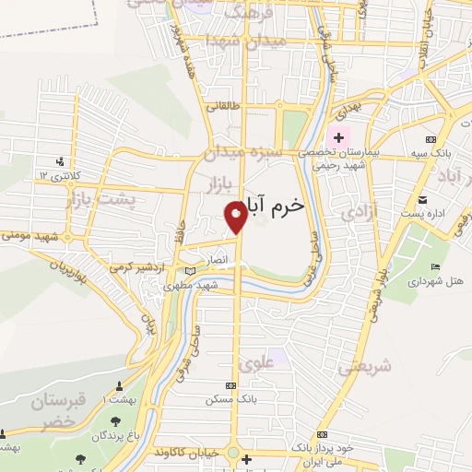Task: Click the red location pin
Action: (236, 216)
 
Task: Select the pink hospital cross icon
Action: (339, 137)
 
